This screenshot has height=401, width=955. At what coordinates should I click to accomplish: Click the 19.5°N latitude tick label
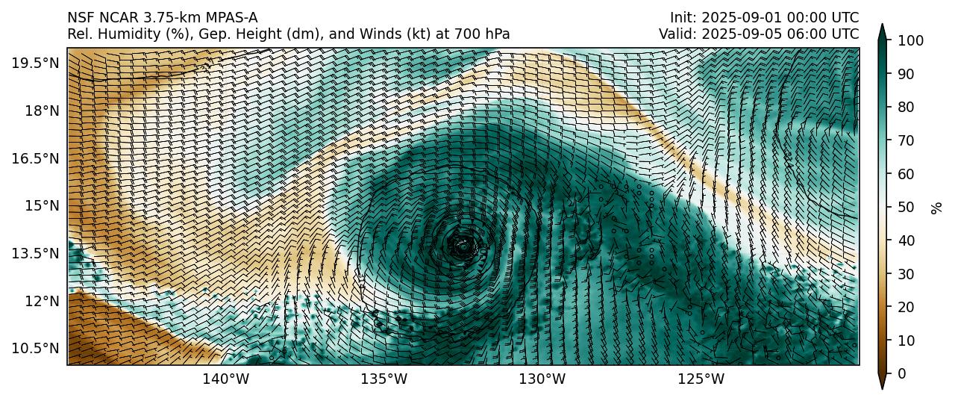click(x=35, y=63)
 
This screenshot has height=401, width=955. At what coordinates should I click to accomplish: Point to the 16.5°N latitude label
click(x=35, y=158)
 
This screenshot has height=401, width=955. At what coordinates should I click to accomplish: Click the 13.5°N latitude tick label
click(x=35, y=253)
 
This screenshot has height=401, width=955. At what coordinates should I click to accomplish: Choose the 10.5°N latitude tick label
click(x=35, y=348)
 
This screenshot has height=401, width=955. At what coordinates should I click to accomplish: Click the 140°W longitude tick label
click(x=226, y=379)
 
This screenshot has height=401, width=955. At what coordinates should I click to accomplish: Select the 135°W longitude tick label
click(x=384, y=379)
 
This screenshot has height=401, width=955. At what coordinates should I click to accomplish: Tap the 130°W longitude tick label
click(x=542, y=379)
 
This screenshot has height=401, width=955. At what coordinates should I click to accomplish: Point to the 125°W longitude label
click(x=701, y=379)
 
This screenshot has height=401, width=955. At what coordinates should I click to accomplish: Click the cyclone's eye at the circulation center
click(x=463, y=244)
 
